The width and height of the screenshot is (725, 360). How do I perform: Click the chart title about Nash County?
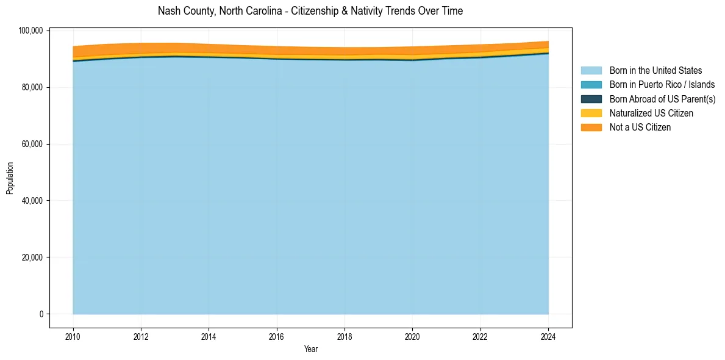[310, 11]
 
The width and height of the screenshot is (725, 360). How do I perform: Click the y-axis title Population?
[10, 178]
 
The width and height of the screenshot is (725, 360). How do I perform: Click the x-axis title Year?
[310, 350]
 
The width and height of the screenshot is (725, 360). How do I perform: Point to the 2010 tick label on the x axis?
[73, 336]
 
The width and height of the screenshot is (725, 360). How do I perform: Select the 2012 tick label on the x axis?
[141, 336]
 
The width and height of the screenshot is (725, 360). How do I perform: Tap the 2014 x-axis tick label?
[209, 336]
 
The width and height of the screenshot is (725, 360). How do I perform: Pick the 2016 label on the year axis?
[277, 336]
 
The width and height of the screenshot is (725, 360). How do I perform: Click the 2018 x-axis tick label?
[345, 336]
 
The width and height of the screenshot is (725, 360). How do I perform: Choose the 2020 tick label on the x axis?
[412, 336]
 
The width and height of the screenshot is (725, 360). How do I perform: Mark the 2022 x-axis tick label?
[480, 336]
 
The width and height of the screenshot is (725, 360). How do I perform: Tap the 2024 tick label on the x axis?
[548, 336]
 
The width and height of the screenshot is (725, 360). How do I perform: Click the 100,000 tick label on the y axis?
[30, 31]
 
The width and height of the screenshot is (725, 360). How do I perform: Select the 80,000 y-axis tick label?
[32, 88]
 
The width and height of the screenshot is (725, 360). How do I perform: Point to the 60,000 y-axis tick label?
[32, 145]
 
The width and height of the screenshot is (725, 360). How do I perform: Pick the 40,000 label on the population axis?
[32, 201]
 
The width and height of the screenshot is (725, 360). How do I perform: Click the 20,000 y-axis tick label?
[32, 257]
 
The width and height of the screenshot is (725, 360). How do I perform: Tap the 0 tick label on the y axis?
[41, 314]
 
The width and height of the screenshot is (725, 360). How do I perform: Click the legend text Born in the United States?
[655, 71]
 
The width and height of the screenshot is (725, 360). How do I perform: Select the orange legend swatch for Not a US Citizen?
[591, 128]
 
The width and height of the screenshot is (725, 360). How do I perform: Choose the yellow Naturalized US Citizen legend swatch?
[591, 113]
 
